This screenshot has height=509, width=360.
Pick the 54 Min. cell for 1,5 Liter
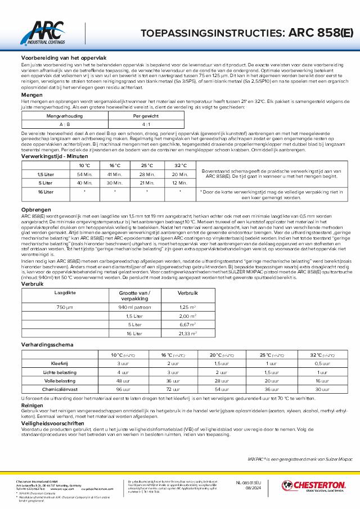click(84, 174)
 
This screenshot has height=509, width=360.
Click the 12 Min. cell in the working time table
click(180, 183)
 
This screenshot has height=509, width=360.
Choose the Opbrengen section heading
click(35, 209)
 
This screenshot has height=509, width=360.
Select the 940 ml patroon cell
click(135, 306)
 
